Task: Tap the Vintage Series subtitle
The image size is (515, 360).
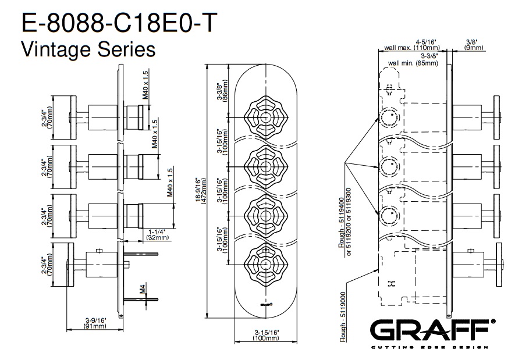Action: click(x=88, y=49)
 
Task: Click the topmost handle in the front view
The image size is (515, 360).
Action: click(x=264, y=117)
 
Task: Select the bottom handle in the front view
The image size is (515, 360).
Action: click(x=264, y=265)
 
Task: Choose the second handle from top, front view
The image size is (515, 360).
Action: click(x=264, y=166)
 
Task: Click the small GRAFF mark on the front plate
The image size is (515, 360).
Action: click(x=265, y=303)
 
